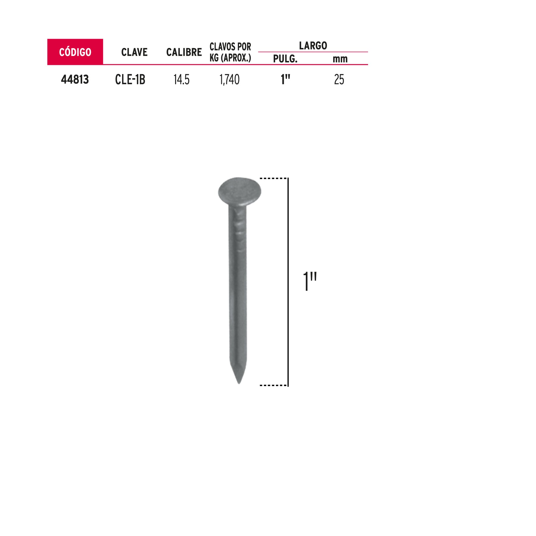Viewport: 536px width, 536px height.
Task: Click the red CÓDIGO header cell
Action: tap(75, 52)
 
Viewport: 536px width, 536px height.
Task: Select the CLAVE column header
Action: tap(134, 52)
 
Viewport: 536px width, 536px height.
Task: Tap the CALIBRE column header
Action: tap(184, 52)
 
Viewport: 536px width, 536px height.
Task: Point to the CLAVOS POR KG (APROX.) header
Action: tap(230, 52)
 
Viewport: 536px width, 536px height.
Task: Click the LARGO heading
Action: tap(313, 46)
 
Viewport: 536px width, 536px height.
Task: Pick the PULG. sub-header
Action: tap(285, 59)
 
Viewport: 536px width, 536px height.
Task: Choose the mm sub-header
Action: tap(340, 59)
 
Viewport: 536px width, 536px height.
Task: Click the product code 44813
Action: tap(75, 80)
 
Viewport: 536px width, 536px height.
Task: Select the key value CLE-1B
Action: tap(130, 80)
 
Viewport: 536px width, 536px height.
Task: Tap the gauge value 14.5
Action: tap(181, 80)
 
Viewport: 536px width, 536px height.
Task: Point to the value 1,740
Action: tap(229, 80)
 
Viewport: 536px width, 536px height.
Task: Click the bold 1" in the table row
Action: tap(285, 80)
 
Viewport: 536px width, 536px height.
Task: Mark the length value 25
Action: tap(339, 80)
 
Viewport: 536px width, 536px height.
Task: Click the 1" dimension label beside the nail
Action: tap(310, 281)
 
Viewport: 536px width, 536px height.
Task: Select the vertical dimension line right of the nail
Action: tap(288, 281)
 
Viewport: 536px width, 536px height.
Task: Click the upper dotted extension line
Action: tap(273, 178)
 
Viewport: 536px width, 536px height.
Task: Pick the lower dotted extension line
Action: tap(273, 385)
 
